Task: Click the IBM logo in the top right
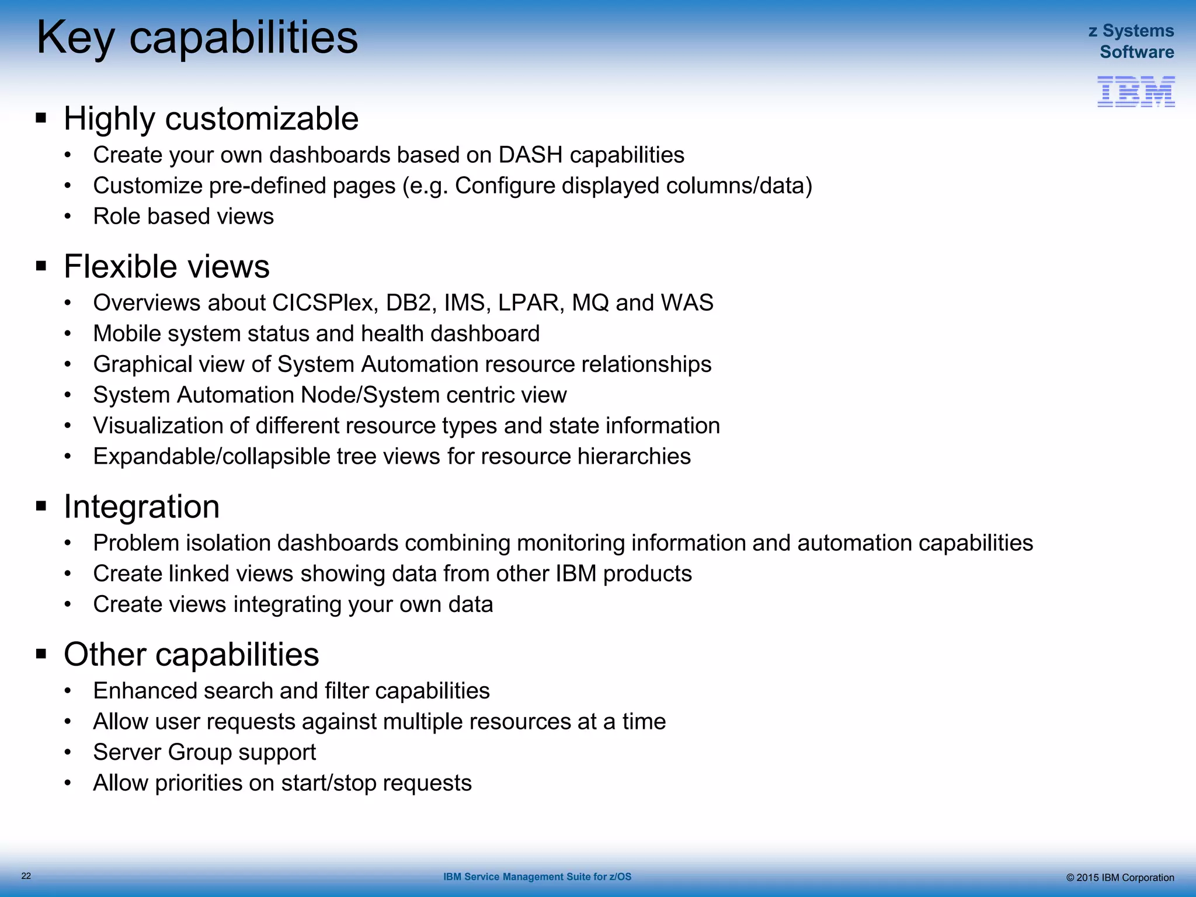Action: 1136,92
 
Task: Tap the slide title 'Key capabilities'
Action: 197,38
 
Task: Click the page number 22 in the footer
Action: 26,875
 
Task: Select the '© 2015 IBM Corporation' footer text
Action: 1119,877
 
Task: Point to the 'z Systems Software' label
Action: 1131,41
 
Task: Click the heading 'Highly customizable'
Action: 211,119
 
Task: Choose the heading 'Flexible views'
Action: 166,266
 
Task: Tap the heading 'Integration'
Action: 141,506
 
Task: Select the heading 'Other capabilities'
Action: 191,654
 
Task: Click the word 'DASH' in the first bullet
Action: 530,155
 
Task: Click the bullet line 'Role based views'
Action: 183,217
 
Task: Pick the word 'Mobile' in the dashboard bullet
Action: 126,334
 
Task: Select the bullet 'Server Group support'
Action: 204,752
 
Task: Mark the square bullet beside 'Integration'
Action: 41,506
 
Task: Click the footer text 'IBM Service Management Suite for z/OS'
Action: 537,877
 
